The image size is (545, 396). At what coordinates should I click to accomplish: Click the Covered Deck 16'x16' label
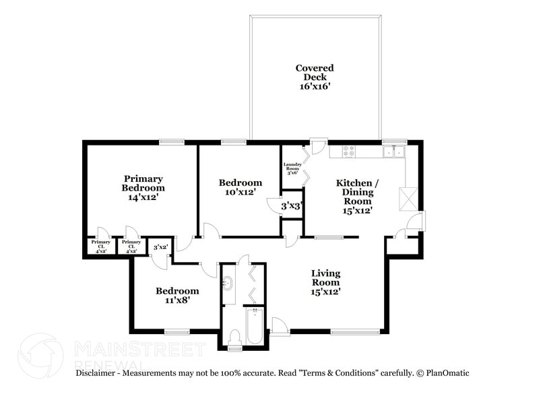[315, 77]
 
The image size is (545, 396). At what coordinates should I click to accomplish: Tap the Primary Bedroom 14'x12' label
[143, 188]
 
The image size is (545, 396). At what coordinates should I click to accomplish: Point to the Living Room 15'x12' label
[325, 282]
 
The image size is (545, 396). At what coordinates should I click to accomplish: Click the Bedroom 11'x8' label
[177, 296]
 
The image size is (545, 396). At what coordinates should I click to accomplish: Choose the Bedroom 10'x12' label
[241, 188]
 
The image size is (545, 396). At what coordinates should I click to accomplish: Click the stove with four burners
[350, 152]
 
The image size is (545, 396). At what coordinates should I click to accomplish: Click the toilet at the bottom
[234, 339]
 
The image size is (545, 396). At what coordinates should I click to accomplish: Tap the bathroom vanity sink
[227, 283]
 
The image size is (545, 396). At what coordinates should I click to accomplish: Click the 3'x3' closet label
[291, 206]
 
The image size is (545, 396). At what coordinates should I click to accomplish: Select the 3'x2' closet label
[160, 248]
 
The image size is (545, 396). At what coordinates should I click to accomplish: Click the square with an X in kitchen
[409, 199]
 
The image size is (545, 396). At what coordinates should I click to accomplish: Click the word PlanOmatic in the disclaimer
[446, 372]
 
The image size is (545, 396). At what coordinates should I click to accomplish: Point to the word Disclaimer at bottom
[98, 372]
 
